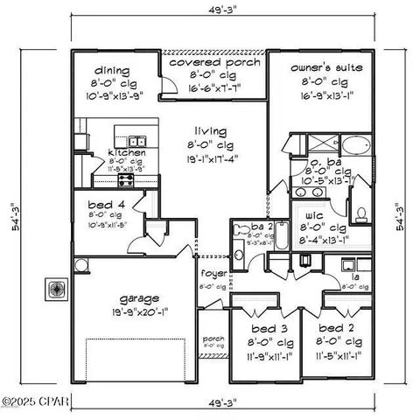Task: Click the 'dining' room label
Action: click(x=112, y=71)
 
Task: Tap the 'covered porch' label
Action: click(x=206, y=63)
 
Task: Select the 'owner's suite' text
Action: click(x=328, y=66)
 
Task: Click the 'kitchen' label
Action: click(x=126, y=153)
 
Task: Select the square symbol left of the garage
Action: click(x=55, y=289)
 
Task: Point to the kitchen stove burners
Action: click(x=125, y=181)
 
